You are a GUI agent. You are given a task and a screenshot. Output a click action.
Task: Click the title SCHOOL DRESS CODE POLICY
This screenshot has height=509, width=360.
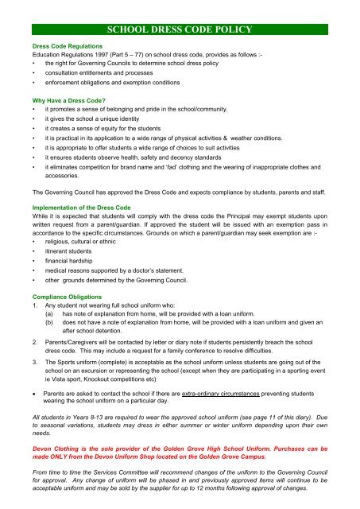[180, 30]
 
